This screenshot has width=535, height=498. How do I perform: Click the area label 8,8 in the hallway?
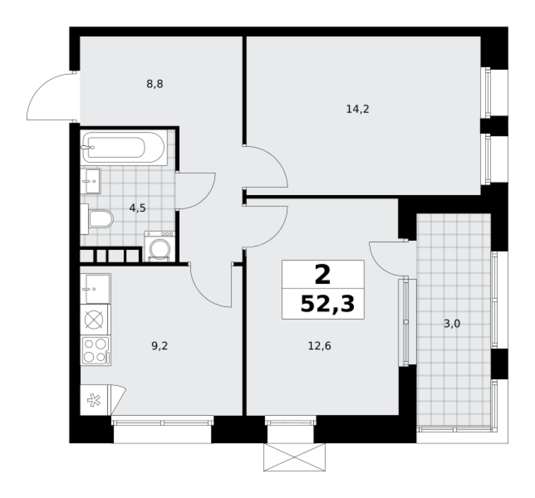pos(155,84)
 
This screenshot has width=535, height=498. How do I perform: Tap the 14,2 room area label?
pos(358,109)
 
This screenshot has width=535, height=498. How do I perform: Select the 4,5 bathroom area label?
pos(138,208)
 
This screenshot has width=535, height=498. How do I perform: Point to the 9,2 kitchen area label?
pos(159,345)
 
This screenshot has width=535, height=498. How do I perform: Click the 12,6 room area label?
pos(319,345)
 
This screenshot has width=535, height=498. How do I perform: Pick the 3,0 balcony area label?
pos(452,324)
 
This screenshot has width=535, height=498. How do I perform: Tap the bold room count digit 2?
pos(323,276)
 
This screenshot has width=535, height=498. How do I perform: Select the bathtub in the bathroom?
pos(123,147)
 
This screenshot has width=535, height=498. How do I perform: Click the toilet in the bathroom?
pos(99,219)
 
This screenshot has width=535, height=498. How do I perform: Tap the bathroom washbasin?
pos(90,181)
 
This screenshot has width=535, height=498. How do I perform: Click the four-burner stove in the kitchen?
pos(96,351)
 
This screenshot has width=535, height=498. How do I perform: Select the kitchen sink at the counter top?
pos(96,289)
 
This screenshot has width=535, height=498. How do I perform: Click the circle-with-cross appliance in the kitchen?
pos(95,320)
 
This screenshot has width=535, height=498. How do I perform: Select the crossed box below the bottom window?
pos(295,457)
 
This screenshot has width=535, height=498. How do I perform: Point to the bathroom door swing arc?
pos(196,191)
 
